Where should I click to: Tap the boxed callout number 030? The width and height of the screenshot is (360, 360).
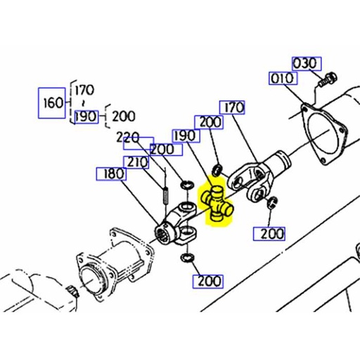pyautogui.click(x=306, y=63)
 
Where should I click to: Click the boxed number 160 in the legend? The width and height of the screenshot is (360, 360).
pyautogui.click(x=53, y=103)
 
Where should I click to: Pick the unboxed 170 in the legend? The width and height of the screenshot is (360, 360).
pyautogui.click(x=86, y=90)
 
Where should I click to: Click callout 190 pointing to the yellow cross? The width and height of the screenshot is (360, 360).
pyautogui.click(x=185, y=135)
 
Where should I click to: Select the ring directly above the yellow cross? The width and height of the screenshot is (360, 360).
pyautogui.click(x=218, y=169)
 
